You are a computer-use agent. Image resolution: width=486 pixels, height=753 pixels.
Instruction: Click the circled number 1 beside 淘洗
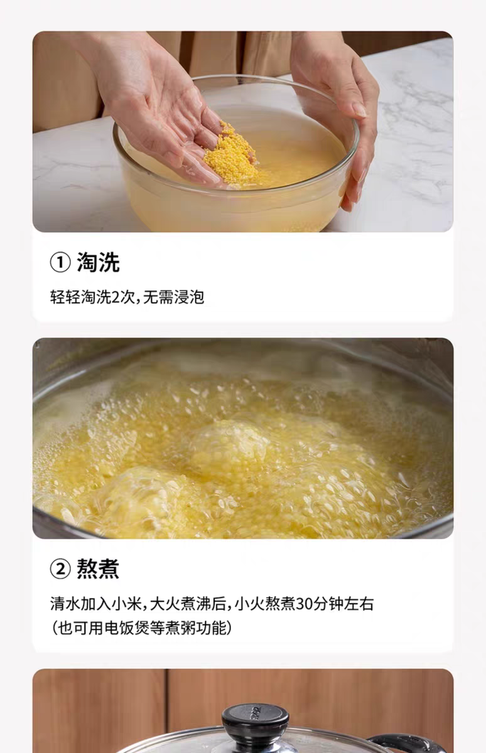click(x=60, y=262)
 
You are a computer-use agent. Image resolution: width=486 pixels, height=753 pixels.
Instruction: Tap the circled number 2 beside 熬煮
click(x=60, y=569)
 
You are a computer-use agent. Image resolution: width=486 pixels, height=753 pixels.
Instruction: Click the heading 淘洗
click(x=98, y=262)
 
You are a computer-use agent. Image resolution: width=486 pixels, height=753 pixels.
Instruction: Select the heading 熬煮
click(x=98, y=569)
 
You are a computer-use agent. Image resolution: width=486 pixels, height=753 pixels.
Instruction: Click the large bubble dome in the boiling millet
click(x=226, y=444)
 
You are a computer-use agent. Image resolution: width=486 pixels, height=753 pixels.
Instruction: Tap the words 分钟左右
click(x=343, y=604)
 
